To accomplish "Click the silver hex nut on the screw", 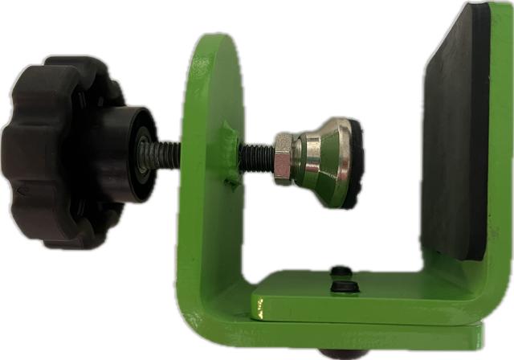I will [x=283, y=157].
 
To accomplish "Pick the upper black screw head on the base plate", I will [x=341, y=271].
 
